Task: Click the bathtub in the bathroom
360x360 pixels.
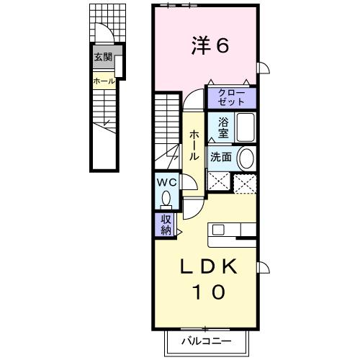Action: point(245,128)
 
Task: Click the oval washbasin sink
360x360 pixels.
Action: point(246,158)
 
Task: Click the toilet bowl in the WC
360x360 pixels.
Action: point(168,197)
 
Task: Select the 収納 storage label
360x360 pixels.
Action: point(166,226)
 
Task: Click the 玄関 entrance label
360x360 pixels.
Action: point(102,58)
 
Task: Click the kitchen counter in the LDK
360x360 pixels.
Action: point(232,230)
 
